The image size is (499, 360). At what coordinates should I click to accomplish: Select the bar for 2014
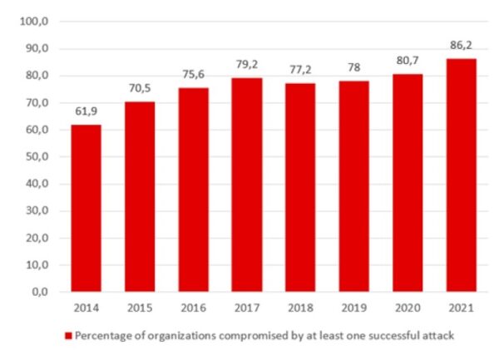point(86,208)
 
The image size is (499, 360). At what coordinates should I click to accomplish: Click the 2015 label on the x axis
point(141,308)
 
